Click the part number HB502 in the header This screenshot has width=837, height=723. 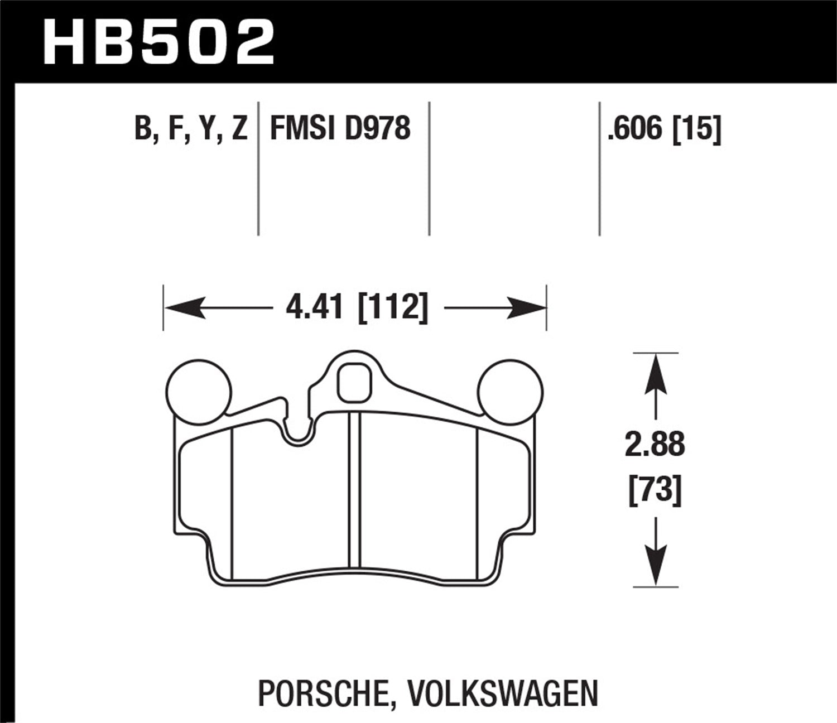[159, 42]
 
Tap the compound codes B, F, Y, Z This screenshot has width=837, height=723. [191, 129]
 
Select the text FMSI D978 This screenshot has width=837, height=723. [340, 129]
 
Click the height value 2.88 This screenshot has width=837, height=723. [655, 445]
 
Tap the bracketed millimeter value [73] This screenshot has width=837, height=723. [655, 491]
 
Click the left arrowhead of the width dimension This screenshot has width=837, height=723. [181, 308]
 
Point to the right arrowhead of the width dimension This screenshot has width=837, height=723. [527, 308]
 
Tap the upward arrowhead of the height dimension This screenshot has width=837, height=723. [656, 371]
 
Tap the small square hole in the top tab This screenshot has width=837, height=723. [354, 382]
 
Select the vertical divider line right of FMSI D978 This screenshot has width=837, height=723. [429, 167]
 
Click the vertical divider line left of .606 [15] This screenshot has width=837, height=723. [599, 167]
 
